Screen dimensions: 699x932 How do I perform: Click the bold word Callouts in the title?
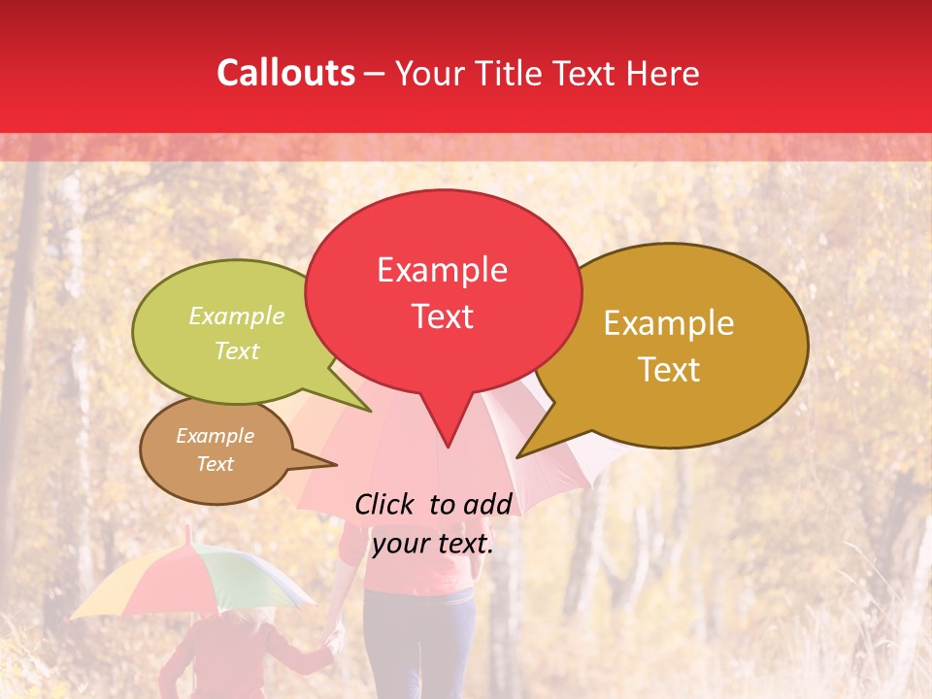tap(285, 73)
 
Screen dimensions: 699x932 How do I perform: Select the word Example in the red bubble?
tap(442, 270)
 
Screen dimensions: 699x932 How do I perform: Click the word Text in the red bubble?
tap(442, 316)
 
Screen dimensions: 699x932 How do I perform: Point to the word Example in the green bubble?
tap(237, 316)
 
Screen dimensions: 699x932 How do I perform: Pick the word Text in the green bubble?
tap(237, 350)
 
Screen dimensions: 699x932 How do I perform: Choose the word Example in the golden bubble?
tap(669, 323)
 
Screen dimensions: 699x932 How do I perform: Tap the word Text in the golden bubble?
tap(669, 370)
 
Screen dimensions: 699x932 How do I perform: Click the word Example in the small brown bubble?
tap(215, 436)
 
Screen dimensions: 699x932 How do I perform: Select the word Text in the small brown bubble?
tap(215, 464)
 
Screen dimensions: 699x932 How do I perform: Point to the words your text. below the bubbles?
tap(433, 544)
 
